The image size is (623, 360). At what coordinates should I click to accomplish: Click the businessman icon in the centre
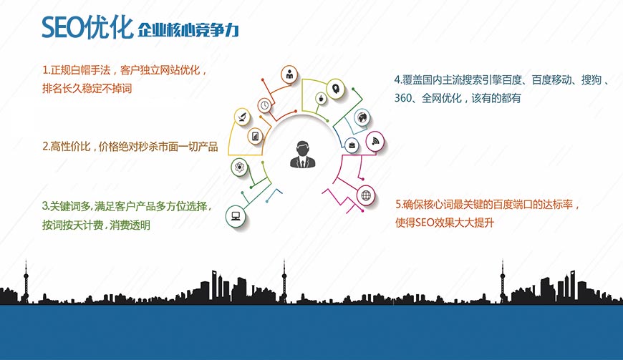coord(302,154)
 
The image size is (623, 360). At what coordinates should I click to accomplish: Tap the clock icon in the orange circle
coord(264,105)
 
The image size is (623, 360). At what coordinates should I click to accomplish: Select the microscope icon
coord(242,117)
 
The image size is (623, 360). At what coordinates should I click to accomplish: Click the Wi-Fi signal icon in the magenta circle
coord(375,141)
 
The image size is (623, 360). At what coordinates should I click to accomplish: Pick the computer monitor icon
coord(236,216)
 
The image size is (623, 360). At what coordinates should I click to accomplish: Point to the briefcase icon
coord(352,145)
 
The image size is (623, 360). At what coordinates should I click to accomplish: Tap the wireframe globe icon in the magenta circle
coord(366,195)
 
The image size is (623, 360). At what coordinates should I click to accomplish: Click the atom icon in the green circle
coord(240,167)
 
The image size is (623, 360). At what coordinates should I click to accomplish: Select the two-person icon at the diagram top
coord(289,74)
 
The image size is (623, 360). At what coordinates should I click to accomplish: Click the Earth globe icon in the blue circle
coord(362,117)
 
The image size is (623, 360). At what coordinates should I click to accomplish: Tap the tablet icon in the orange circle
coord(255,137)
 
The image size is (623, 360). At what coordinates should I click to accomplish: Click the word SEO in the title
coord(62,28)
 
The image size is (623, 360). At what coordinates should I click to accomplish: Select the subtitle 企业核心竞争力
coord(188,30)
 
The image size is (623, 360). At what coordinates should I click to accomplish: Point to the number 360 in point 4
coord(402,97)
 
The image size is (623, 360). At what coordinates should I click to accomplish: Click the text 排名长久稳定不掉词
coord(87,88)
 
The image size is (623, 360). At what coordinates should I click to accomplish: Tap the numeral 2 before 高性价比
coord(45,147)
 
